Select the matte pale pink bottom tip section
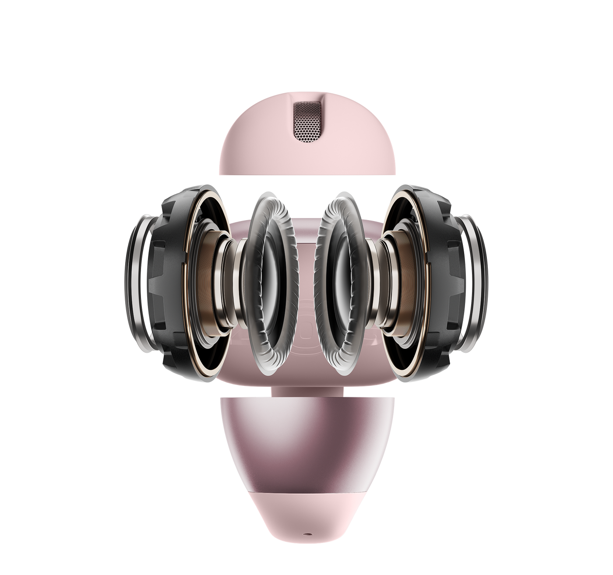[x=306, y=512]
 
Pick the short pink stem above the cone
[x=306, y=391]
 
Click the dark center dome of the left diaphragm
[x=267, y=284]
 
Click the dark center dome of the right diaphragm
[x=346, y=284]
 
